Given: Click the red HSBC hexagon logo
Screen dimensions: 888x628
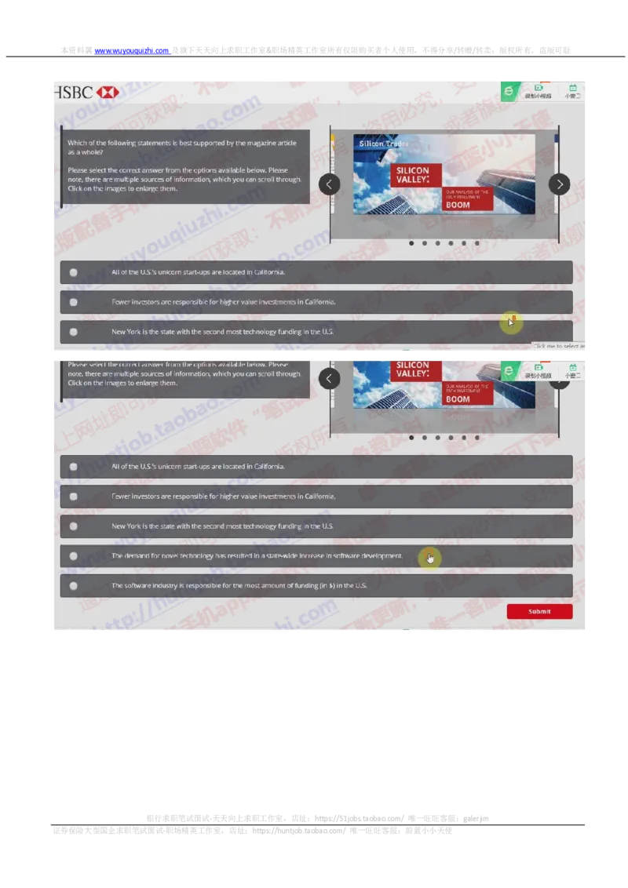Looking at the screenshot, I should coord(108,93).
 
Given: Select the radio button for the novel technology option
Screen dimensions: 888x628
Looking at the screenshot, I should coord(73,556).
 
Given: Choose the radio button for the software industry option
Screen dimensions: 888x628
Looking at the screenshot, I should coord(73,585).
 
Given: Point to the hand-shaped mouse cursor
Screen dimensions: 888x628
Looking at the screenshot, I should coord(429,558).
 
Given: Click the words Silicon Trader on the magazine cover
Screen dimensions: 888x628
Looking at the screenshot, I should coord(383,144).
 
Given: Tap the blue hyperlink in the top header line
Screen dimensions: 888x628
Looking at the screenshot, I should coord(132,50).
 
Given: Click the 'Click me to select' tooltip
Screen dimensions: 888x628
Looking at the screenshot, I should coord(560,346).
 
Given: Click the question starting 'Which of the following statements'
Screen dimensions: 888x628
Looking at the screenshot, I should coord(181,147).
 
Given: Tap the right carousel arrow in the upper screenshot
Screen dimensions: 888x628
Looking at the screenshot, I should coord(559,184).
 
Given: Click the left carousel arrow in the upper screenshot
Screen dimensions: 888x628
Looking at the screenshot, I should coord(330,184).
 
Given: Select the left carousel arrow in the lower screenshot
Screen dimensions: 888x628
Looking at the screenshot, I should coord(330,379).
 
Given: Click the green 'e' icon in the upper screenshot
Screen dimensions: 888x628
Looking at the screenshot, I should coord(509,92).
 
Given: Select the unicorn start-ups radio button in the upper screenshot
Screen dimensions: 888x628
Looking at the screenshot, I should coord(73,272).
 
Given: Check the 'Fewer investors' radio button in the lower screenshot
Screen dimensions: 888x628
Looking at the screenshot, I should coord(73,497).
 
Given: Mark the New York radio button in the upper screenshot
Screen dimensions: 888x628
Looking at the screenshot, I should coord(73,332).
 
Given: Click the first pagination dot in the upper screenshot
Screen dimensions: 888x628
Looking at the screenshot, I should coord(411,243).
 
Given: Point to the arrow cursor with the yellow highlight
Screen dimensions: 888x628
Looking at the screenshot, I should coord(511,321).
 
